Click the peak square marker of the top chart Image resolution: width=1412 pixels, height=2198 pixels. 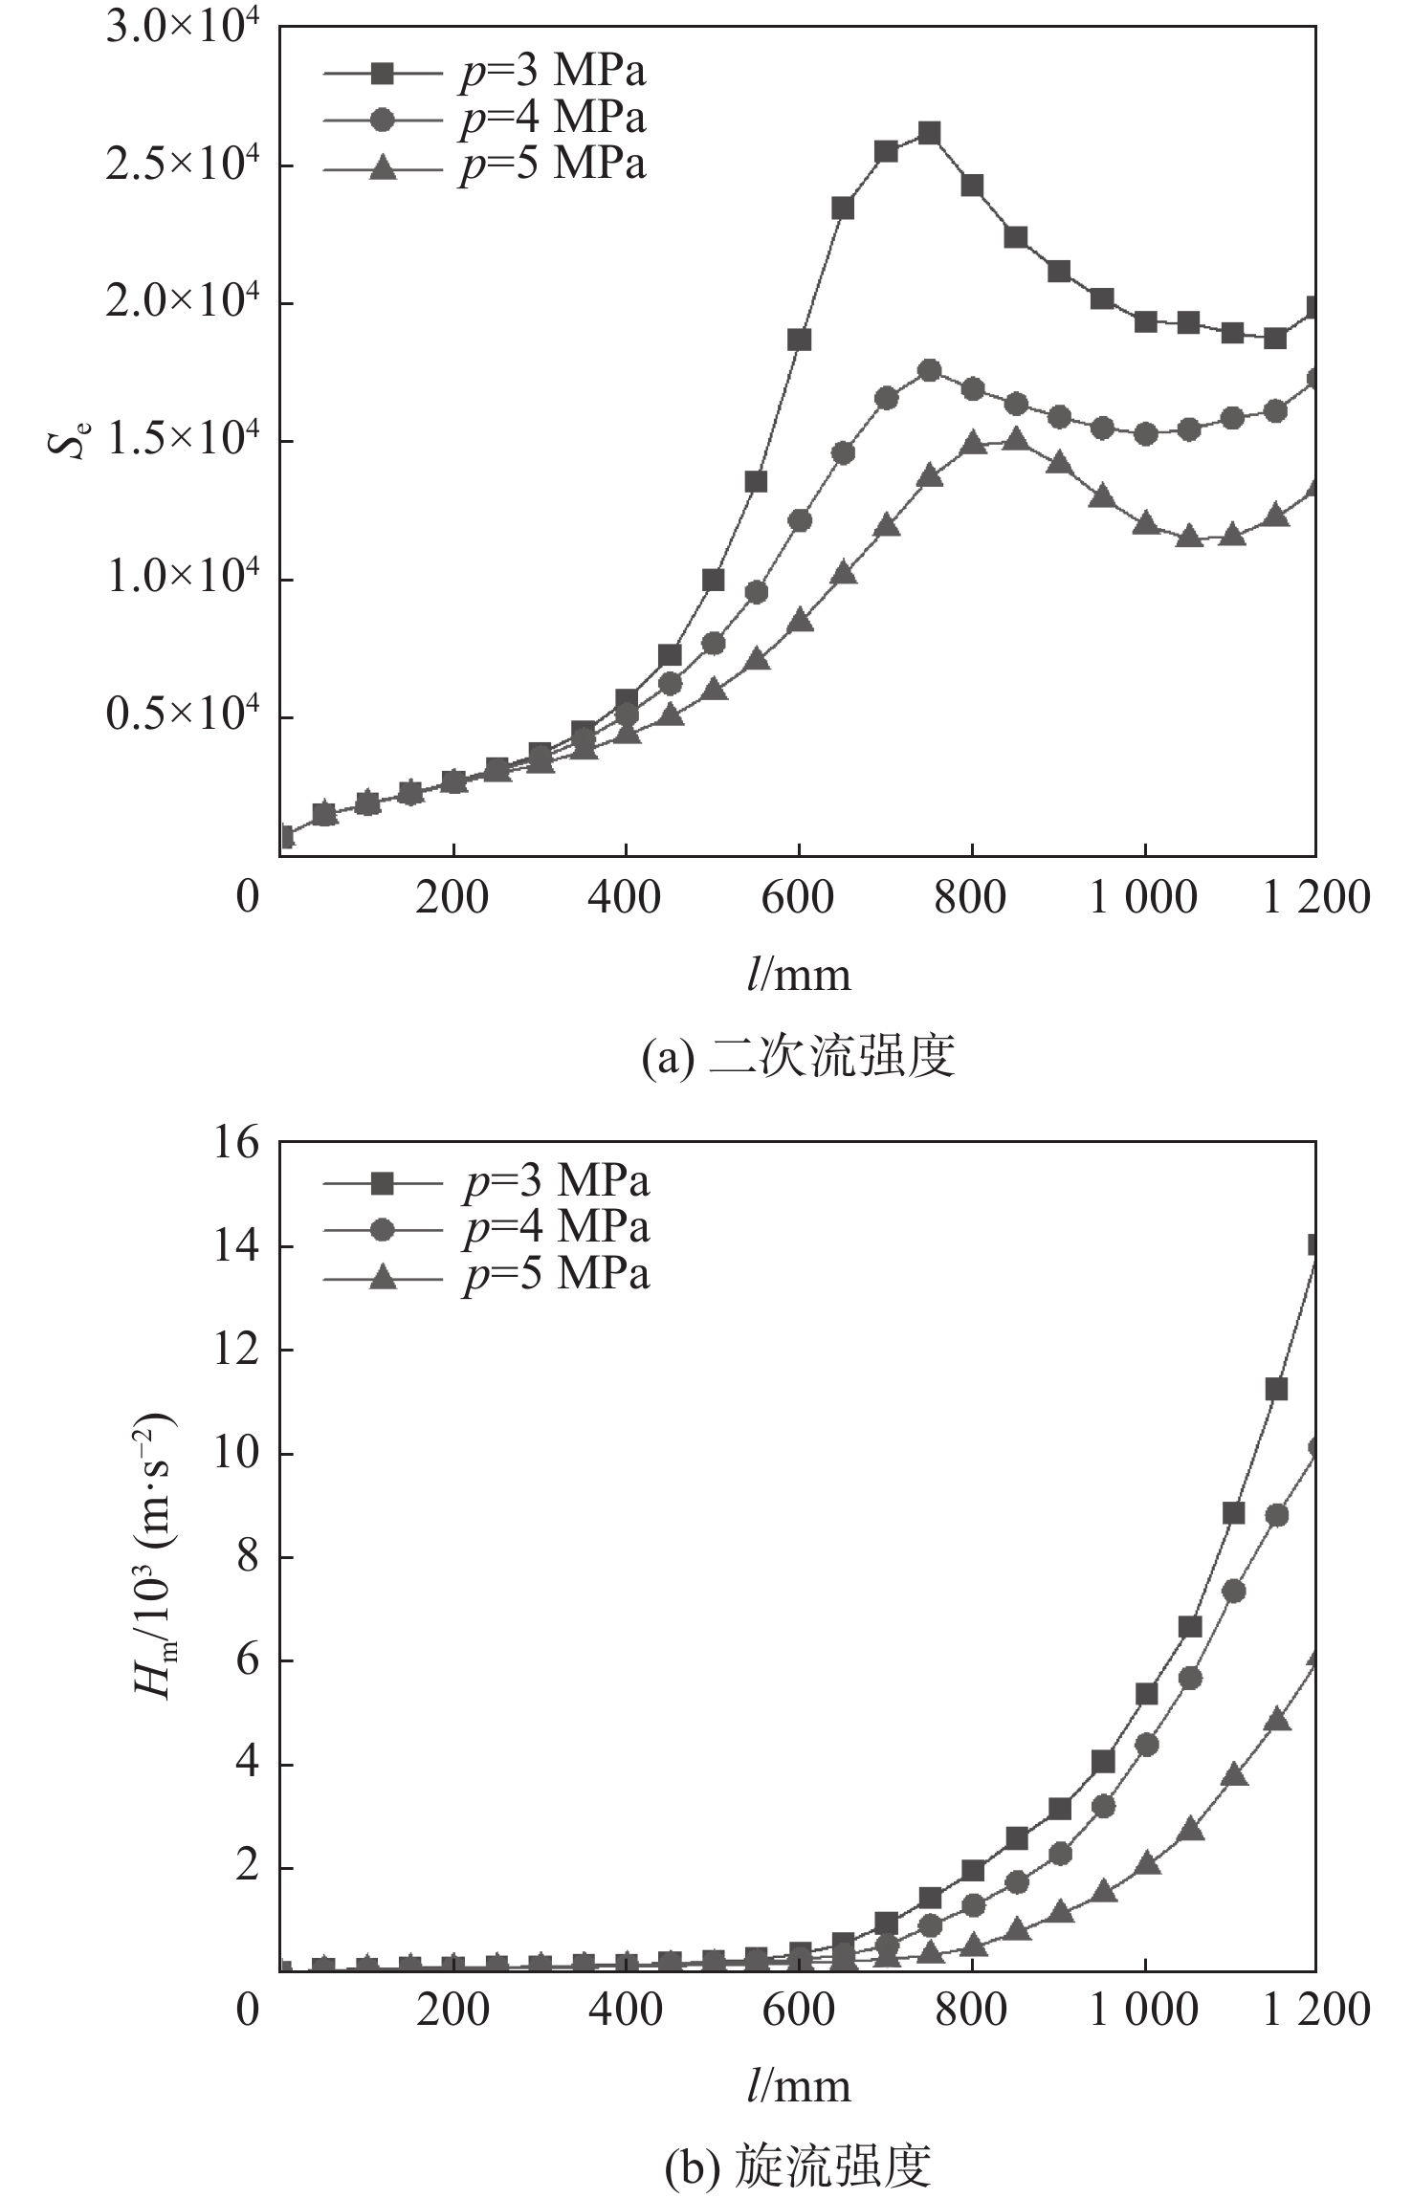929,133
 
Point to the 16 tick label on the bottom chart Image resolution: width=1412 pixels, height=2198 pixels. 233,1142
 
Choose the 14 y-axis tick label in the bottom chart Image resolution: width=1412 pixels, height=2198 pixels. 233,1246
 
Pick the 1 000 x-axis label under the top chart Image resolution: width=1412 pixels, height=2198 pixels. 1143,898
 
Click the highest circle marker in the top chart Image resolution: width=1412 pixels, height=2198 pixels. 929,371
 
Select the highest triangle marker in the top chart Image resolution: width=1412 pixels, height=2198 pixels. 1016,439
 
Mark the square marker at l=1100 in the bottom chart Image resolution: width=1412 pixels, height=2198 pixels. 1233,1513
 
